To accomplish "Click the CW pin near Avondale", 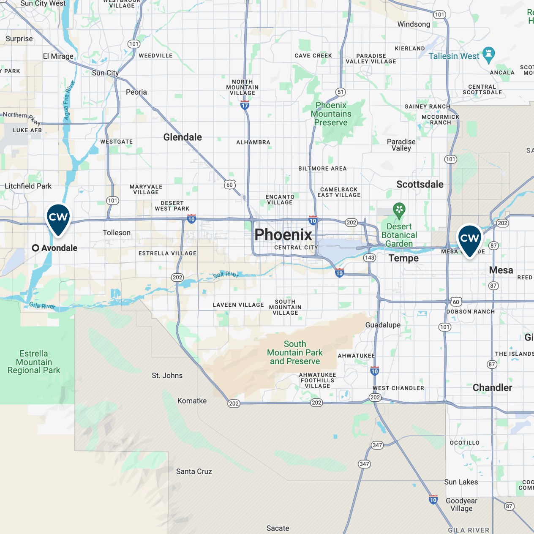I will pyautogui.click(x=58, y=218).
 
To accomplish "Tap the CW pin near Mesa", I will pyautogui.click(x=469, y=239).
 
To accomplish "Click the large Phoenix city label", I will pyautogui.click(x=283, y=234).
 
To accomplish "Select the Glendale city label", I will pyautogui.click(x=183, y=137).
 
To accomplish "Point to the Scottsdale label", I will pyautogui.click(x=420, y=185).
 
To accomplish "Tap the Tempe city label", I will pyautogui.click(x=403, y=258).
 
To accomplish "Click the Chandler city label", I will pyautogui.click(x=492, y=388).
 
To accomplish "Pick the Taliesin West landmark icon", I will pyautogui.click(x=489, y=54).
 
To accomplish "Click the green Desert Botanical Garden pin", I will pyautogui.click(x=399, y=210).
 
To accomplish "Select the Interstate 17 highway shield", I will pyautogui.click(x=245, y=106).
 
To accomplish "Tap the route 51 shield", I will pyautogui.click(x=341, y=92).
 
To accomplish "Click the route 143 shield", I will pyautogui.click(x=369, y=258).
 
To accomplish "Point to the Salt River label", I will pyautogui.click(x=226, y=275).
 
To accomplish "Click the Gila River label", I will pyautogui.click(x=42, y=306).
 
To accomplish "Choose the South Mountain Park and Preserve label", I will pyautogui.click(x=295, y=353).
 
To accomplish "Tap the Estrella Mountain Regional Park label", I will pyautogui.click(x=34, y=362).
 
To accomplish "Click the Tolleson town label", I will pyautogui.click(x=117, y=233).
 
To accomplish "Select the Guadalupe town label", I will pyautogui.click(x=383, y=325).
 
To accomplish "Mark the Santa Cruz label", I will pyautogui.click(x=194, y=471).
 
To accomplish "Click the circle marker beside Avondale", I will pyautogui.click(x=36, y=248).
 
